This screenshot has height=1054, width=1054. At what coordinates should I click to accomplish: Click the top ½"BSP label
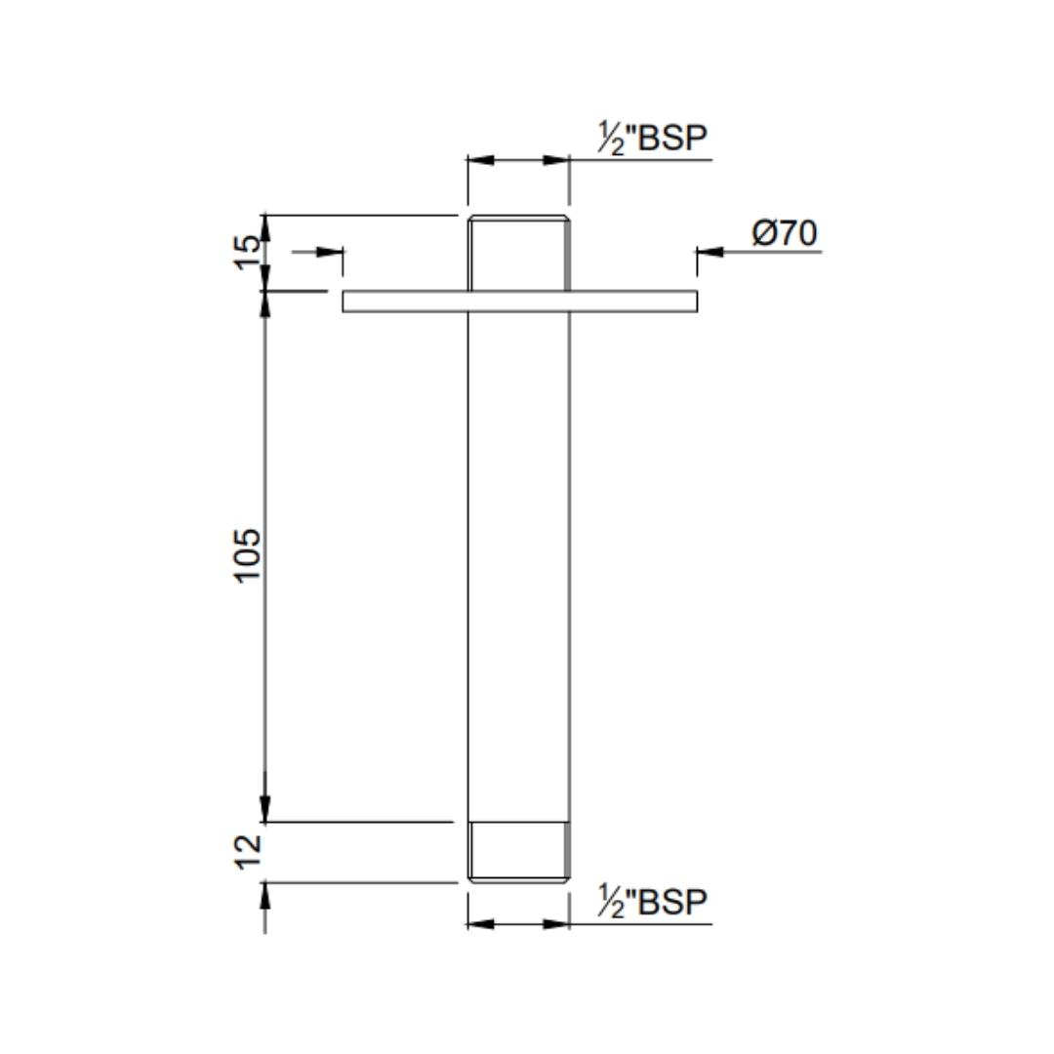(x=652, y=140)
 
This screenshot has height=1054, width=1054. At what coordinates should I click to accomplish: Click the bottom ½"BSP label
(x=652, y=903)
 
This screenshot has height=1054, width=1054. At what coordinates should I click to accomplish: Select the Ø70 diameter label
(x=785, y=234)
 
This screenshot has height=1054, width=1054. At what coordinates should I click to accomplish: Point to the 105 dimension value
(x=250, y=555)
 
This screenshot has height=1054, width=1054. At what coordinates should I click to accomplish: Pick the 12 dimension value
(x=250, y=849)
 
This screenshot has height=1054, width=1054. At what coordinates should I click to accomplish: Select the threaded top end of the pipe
(x=518, y=252)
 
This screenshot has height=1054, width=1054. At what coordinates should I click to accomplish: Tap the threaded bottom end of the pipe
(x=518, y=852)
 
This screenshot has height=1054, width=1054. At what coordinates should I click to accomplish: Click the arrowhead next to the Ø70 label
(x=709, y=252)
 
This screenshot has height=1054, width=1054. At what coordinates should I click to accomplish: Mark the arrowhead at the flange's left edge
(x=331, y=252)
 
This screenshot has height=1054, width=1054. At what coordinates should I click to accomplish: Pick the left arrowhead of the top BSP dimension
(x=481, y=160)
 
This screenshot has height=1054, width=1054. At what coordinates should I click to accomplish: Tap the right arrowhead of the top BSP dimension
(x=556, y=160)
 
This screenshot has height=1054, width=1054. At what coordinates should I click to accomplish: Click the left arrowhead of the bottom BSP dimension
(x=481, y=923)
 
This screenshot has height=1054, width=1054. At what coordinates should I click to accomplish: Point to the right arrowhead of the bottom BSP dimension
(x=556, y=923)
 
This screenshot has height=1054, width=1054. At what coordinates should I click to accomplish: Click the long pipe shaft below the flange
(x=518, y=566)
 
